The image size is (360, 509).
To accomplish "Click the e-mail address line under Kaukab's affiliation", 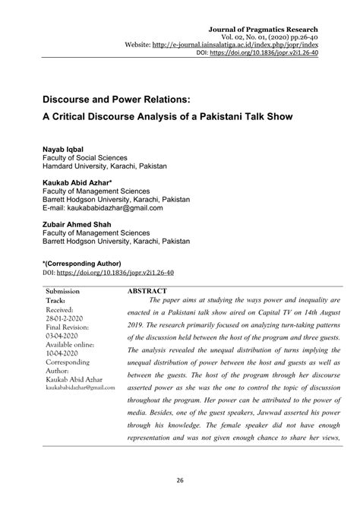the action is click(x=102, y=208).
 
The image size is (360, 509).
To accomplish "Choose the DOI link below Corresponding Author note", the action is click(x=128, y=272).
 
